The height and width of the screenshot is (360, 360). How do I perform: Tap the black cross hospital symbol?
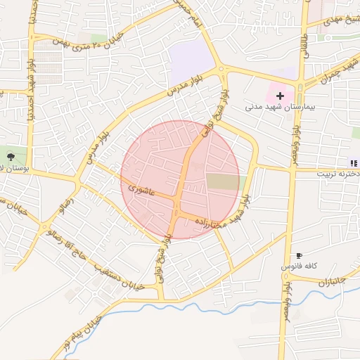click(280, 95)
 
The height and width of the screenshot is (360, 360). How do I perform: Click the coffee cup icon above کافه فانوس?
click(300, 255)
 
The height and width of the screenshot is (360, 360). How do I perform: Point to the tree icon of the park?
click(11, 155)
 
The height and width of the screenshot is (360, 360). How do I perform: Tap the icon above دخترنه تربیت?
click(353, 163)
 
